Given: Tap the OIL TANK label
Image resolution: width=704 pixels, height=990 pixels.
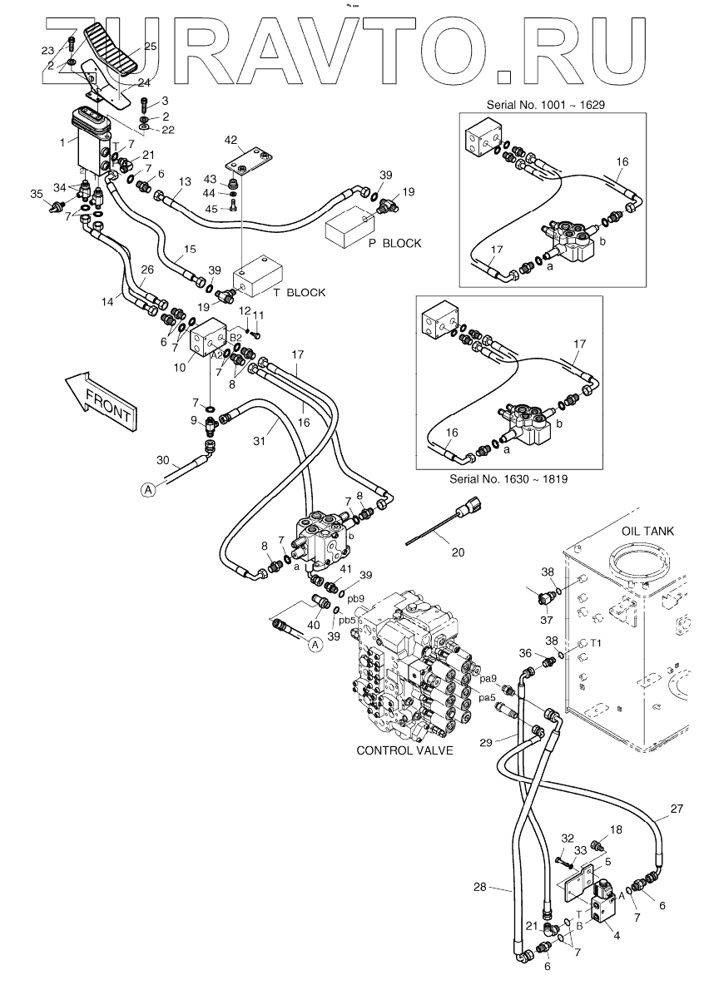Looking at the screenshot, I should click(649, 531).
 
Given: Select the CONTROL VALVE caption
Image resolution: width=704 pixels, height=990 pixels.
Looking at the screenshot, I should click(404, 750).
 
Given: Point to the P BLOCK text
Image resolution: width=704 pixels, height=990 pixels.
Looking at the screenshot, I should click(395, 243).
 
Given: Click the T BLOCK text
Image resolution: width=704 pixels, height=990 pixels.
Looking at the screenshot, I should click(300, 292).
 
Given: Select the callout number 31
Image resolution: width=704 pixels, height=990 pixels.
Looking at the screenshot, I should click(259, 441).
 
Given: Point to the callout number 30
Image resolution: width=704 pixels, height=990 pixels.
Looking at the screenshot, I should click(163, 460).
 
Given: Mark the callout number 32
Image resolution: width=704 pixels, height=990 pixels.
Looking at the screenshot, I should click(568, 838).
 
